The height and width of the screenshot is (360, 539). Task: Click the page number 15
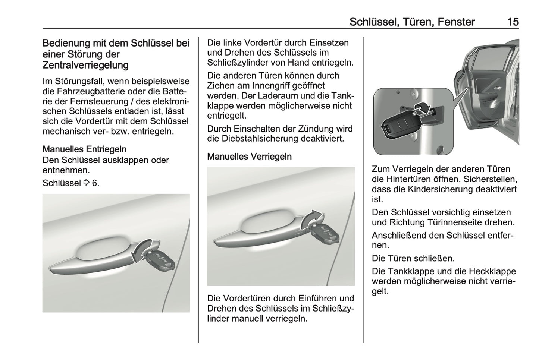tap(513, 22)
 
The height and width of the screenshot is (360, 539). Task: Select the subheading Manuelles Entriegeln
tap(84, 149)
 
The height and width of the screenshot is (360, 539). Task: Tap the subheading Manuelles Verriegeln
tap(249, 157)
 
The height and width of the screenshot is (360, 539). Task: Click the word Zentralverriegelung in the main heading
tap(85, 65)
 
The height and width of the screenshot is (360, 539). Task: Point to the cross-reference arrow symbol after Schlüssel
tap(86, 183)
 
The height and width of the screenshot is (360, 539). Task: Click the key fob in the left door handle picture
tap(160, 260)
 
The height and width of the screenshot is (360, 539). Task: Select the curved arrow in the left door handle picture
tap(141, 251)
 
